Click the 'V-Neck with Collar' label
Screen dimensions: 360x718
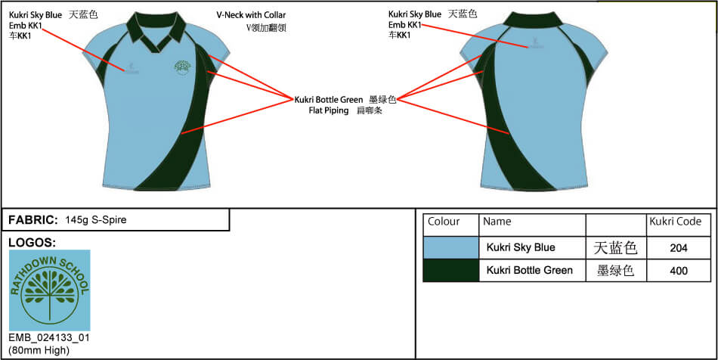click(x=250, y=14)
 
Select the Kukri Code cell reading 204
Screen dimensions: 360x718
click(x=679, y=247)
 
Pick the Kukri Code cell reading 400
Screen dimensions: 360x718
click(x=679, y=270)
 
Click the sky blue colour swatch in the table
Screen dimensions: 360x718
click(x=450, y=247)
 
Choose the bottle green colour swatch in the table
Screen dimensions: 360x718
click(x=450, y=270)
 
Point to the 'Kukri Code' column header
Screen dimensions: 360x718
click(x=675, y=222)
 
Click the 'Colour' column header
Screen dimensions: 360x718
click(x=444, y=222)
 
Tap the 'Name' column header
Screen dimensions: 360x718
click(x=497, y=222)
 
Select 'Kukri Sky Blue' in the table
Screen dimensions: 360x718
click(x=521, y=247)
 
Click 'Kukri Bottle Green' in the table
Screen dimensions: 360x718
click(x=529, y=270)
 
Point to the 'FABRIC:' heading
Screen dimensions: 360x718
click(x=33, y=220)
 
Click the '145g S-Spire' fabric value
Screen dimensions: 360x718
click(x=96, y=220)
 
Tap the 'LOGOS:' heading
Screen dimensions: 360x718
click(x=32, y=243)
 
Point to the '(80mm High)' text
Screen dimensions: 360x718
click(x=39, y=349)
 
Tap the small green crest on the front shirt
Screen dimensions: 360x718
click(x=182, y=67)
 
